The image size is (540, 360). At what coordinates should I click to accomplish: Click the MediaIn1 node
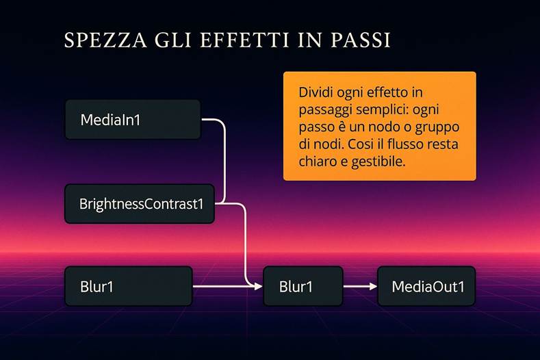(132, 120)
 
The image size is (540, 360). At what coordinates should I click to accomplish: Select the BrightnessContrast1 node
(139, 203)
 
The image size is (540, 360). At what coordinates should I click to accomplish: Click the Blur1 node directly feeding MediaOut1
(303, 286)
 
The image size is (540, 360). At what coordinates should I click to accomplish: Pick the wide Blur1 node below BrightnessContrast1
(128, 286)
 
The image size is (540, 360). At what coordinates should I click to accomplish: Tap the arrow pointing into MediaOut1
(360, 286)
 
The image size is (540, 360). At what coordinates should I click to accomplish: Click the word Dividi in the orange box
(316, 92)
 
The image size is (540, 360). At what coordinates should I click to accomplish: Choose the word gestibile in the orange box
(374, 163)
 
